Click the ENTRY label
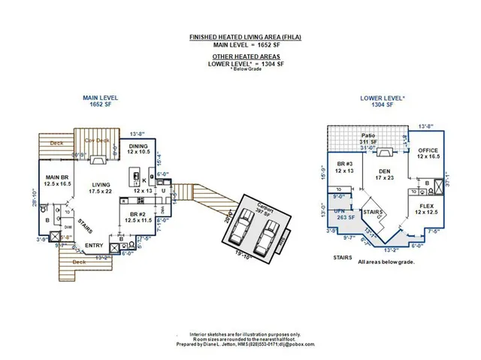(x=94, y=245)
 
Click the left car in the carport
(x=239, y=227)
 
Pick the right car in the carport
(x=267, y=237)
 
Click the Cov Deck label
(x=95, y=141)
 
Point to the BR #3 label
(x=343, y=166)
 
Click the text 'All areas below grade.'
(x=388, y=262)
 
